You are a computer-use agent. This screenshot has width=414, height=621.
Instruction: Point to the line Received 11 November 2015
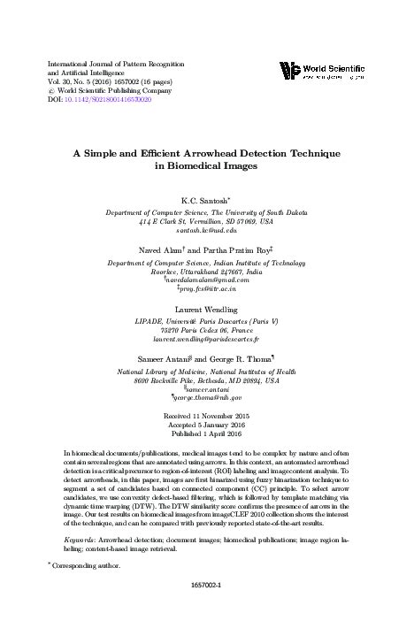[208, 416]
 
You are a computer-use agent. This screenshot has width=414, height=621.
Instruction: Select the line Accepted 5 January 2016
[208, 425]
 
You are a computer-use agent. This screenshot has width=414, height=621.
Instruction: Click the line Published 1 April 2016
[208, 435]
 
